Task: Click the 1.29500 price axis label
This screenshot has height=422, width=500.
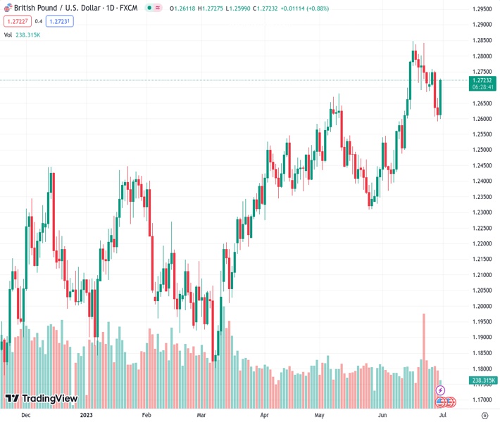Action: pos(482,9)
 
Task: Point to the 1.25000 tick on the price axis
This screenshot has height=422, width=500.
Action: pos(482,150)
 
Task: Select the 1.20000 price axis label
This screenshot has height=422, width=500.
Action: pos(482,306)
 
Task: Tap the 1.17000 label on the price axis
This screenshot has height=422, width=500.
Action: pos(482,399)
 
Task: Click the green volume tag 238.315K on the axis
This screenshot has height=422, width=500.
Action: pos(482,381)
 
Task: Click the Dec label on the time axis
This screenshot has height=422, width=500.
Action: pos(26,416)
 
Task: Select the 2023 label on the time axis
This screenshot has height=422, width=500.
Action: pos(87,416)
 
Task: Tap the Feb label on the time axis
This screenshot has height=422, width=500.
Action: pos(146,416)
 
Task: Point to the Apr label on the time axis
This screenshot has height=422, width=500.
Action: pos(264,416)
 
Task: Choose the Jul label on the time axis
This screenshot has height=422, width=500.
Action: pos(444,416)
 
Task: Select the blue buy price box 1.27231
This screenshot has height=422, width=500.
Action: pos(59,21)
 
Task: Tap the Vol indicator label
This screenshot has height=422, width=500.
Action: pos(8,34)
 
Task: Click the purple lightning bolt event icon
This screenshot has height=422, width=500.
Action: pos(440,390)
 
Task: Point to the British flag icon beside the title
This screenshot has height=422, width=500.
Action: pos(7,8)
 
